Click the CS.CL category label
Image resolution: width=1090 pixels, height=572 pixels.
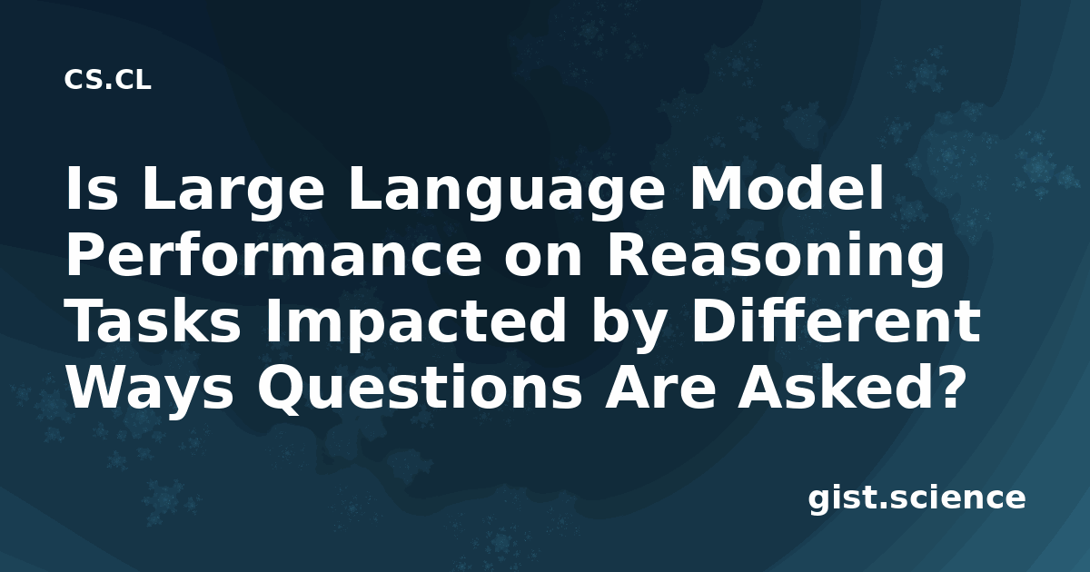[x=107, y=80]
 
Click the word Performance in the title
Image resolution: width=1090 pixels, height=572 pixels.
[x=273, y=255]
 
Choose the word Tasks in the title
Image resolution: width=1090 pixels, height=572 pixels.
[x=154, y=321]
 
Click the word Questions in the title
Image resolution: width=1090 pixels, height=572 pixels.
[x=420, y=389]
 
